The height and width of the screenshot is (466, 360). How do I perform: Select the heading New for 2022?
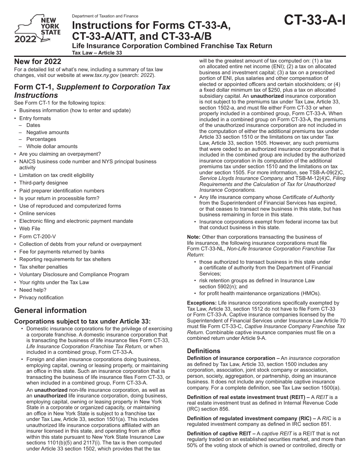pyautogui.click(x=38, y=62)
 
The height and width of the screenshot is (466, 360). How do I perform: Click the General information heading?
pyautogui.click(x=50, y=310)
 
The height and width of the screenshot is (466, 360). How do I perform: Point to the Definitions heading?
pyautogui.click(x=203, y=351)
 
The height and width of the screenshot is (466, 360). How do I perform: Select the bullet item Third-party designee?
pyautogui.click(x=44, y=183)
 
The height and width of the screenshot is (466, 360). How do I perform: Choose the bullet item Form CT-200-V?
pyautogui.click(x=38, y=236)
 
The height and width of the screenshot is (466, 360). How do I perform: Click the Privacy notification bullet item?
pyautogui.click(x=41, y=297)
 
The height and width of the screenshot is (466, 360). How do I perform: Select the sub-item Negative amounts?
pyautogui.click(x=48, y=132)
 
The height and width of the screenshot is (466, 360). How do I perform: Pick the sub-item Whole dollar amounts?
pyautogui.click(x=52, y=146)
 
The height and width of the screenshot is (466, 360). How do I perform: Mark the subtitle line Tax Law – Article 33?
pyautogui.click(x=97, y=53)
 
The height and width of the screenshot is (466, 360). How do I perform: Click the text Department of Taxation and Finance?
pyautogui.click(x=105, y=16)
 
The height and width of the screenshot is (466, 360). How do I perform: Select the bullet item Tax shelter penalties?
pyautogui.click(x=43, y=267)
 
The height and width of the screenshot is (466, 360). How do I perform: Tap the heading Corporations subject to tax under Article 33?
pyautogui.click(x=82, y=321)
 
